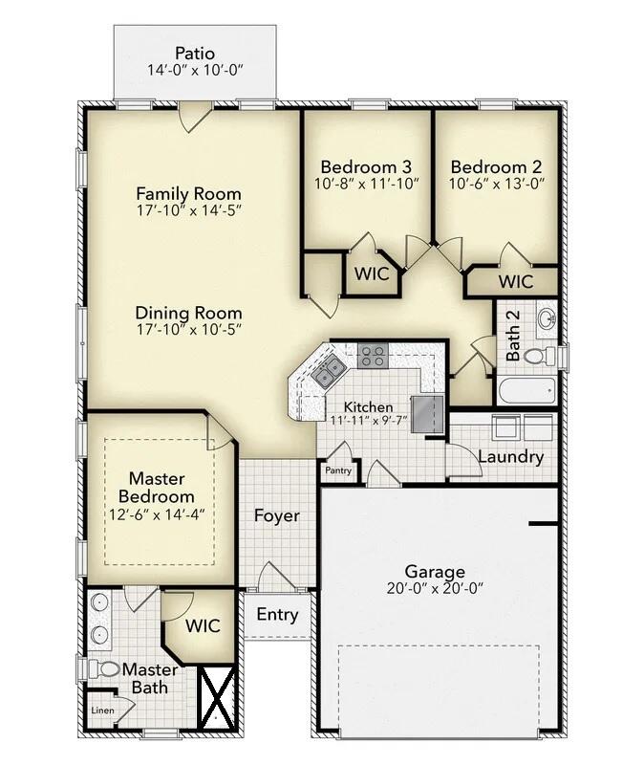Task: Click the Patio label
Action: (195, 53)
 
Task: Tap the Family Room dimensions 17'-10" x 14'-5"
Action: (188, 210)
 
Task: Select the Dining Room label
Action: (188, 313)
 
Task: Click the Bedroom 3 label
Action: (367, 166)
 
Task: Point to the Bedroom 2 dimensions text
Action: (496, 185)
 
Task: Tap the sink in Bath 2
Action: (546, 318)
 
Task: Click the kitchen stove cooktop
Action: (373, 357)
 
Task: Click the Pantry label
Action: (338, 470)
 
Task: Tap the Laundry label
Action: (510, 457)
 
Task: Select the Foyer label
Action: (276, 516)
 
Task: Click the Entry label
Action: (277, 615)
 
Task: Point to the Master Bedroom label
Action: (157, 488)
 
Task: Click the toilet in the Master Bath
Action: (108, 669)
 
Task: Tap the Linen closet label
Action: (101, 710)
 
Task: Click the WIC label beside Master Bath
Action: (203, 626)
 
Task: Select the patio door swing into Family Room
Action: (194, 119)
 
